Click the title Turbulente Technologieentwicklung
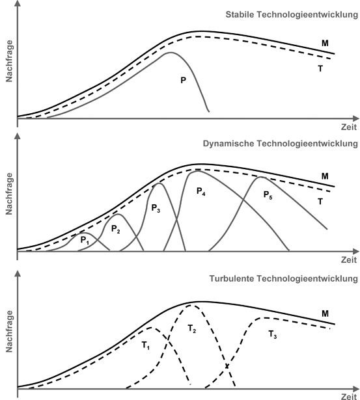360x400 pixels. click(x=283, y=278)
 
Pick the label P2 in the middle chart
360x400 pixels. click(x=115, y=229)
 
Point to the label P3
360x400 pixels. click(x=155, y=208)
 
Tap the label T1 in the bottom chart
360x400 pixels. click(x=146, y=344)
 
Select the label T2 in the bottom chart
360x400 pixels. click(x=192, y=330)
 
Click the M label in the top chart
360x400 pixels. click(x=324, y=44)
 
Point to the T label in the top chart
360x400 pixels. click(x=320, y=68)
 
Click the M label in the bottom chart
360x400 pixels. click(x=324, y=313)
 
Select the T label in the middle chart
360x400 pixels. click(x=320, y=202)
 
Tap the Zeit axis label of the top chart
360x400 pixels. click(x=348, y=127)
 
